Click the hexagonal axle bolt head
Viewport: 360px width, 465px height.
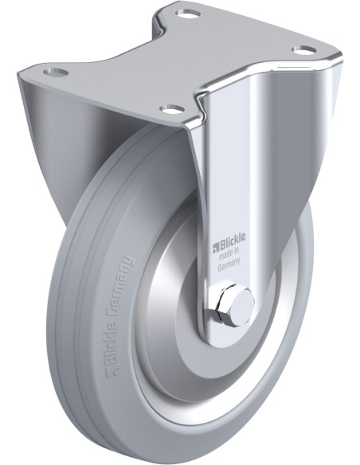[x=235, y=306]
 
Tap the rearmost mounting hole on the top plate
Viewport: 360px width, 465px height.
[x=187, y=13]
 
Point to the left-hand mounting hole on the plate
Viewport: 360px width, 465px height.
[x=56, y=72]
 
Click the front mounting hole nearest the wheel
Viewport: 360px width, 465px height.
[x=170, y=108]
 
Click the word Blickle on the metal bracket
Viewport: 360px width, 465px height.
[x=232, y=239]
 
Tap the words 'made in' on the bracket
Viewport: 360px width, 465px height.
[x=229, y=252]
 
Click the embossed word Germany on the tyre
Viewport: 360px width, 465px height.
[x=122, y=279]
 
